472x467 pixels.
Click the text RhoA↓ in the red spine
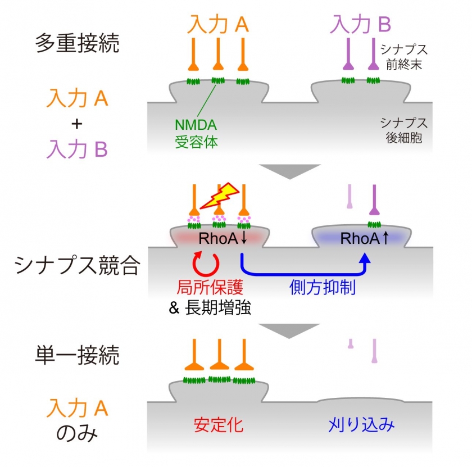[223, 239]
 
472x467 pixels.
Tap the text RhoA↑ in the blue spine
[365, 239]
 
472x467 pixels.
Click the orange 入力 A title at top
[217, 24]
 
